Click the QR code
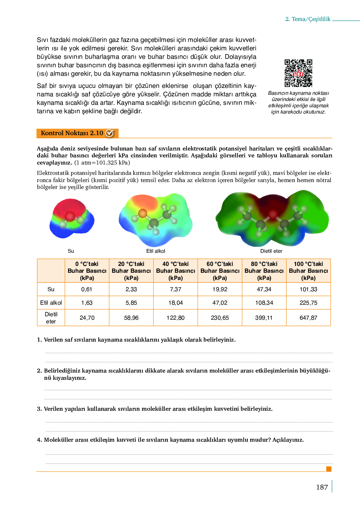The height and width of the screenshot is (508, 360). (x=298, y=73)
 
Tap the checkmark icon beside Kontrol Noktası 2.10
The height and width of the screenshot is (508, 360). (x=109, y=133)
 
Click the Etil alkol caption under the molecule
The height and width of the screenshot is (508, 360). (x=156, y=251)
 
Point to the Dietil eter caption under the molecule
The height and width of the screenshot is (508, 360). (x=271, y=251)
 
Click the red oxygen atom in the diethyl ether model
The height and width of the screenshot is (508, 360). (x=273, y=214)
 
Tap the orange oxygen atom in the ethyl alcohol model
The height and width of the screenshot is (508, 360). (x=142, y=213)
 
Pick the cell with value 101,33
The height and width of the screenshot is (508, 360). (x=308, y=289)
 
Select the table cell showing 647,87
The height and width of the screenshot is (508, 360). (x=308, y=318)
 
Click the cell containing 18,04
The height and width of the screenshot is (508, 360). (x=176, y=303)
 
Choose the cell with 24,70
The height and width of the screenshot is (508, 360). (x=87, y=318)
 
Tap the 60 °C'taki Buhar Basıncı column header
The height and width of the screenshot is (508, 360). (x=220, y=271)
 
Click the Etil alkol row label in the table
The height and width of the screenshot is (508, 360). (x=51, y=303)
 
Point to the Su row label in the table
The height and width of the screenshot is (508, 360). (x=51, y=289)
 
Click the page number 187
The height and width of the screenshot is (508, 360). (x=322, y=487)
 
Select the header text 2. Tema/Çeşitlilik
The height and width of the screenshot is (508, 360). (x=308, y=19)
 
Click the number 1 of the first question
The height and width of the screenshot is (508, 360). (x=39, y=340)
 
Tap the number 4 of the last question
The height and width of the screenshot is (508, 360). (x=39, y=440)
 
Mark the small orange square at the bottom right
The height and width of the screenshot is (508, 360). (x=328, y=469)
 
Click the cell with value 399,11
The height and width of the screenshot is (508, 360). (x=264, y=318)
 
